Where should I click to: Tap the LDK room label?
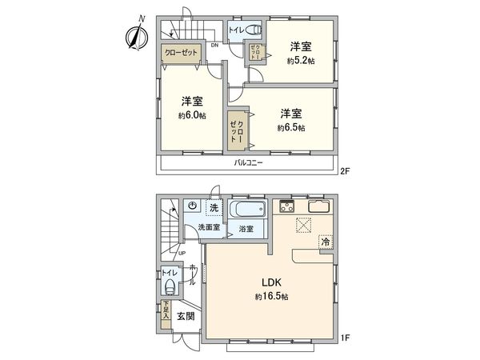coord(269,282)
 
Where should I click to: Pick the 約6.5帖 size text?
coord(291,127)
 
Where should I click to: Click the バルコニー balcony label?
coord(249,162)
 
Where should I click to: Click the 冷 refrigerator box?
coord(326,241)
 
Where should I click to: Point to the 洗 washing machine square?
coord(213,208)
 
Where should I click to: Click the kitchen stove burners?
coord(286,208)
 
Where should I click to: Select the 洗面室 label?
coord(210,228)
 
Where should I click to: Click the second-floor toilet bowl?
coord(253,31)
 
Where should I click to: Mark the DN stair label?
coord(214,46)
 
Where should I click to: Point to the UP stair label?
coord(182,254)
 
